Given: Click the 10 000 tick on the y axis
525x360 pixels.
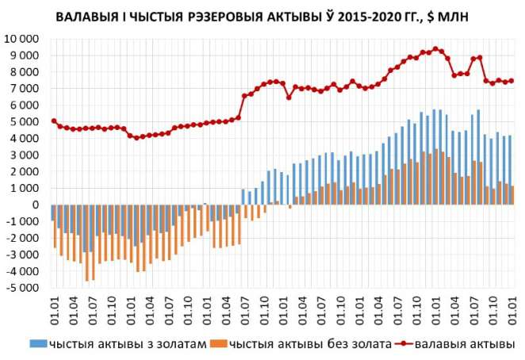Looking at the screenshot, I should coord(24,39).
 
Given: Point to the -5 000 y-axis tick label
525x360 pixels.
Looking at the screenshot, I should coord(24,288).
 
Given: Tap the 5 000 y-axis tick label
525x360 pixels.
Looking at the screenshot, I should coord(26,121).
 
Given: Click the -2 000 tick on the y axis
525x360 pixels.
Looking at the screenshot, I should coord(24,238).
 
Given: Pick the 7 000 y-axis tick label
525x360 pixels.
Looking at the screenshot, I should coord(26,88).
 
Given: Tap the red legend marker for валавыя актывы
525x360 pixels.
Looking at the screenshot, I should coord(404,344).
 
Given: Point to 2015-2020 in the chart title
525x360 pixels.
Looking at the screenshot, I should coord(349,15).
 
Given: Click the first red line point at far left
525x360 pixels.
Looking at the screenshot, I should coord(53,121).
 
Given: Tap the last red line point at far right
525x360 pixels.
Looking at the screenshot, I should coord(512,80).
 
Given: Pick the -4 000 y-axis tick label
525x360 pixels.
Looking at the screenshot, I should coord(24,271).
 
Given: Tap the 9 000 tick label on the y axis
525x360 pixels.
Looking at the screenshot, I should coord(26,56).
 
